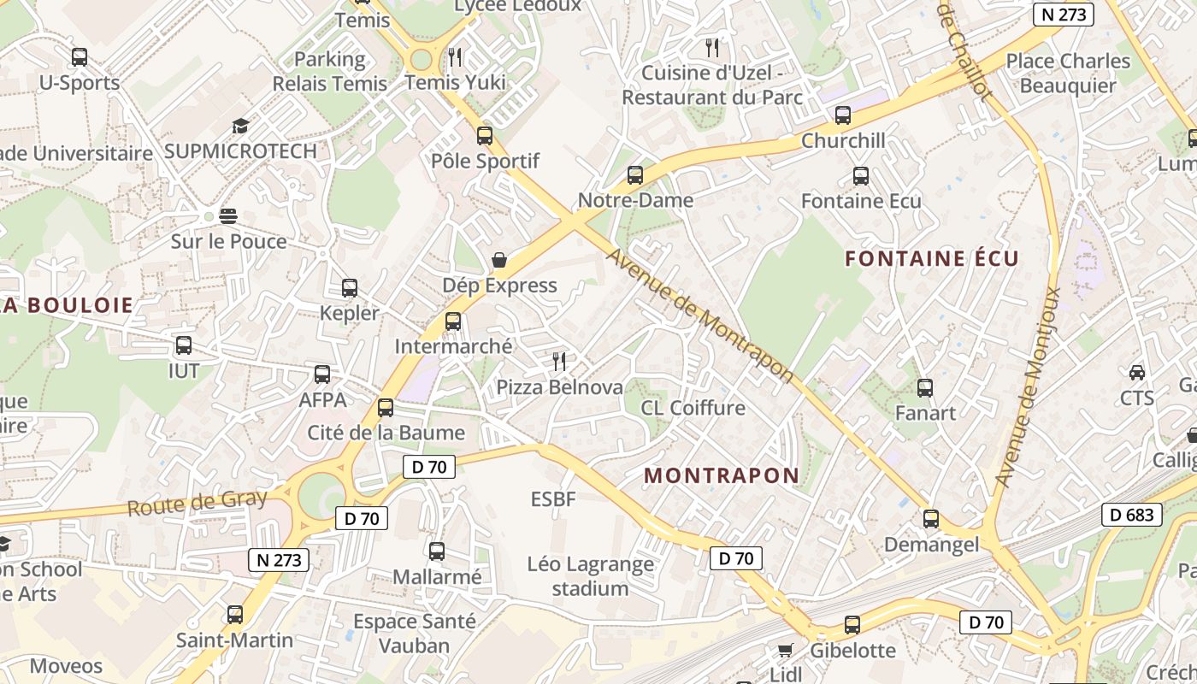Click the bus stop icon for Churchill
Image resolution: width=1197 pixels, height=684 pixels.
click(x=843, y=115)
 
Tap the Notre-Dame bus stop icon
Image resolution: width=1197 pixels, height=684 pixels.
click(x=635, y=175)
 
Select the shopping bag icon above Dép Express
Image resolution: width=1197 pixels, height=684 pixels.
click(x=499, y=260)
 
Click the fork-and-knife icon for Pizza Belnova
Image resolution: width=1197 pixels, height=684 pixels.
click(x=559, y=362)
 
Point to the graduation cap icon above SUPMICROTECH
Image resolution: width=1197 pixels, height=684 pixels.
click(x=240, y=127)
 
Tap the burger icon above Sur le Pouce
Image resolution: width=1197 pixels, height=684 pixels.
click(x=227, y=215)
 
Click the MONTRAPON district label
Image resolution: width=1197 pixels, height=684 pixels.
click(x=722, y=475)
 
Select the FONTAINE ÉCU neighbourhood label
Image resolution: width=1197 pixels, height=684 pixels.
click(x=932, y=258)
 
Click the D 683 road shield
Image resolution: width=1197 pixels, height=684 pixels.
click(x=1132, y=515)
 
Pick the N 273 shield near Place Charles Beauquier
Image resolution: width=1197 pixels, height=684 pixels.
click(x=1064, y=15)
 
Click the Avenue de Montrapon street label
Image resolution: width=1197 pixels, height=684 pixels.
click(x=700, y=315)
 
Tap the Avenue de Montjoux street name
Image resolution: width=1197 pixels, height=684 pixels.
click(x=1028, y=387)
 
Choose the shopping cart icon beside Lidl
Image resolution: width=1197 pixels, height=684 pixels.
click(x=786, y=650)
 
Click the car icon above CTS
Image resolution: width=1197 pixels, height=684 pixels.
click(x=1137, y=373)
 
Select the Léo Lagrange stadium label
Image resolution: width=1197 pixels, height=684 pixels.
click(x=590, y=576)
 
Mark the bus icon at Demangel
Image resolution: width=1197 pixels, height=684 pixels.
click(x=931, y=519)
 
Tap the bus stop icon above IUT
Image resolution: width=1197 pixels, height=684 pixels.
click(x=184, y=346)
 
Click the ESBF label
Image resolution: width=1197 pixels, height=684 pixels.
click(x=553, y=498)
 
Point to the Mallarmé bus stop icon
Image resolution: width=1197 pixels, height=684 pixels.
click(x=437, y=551)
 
